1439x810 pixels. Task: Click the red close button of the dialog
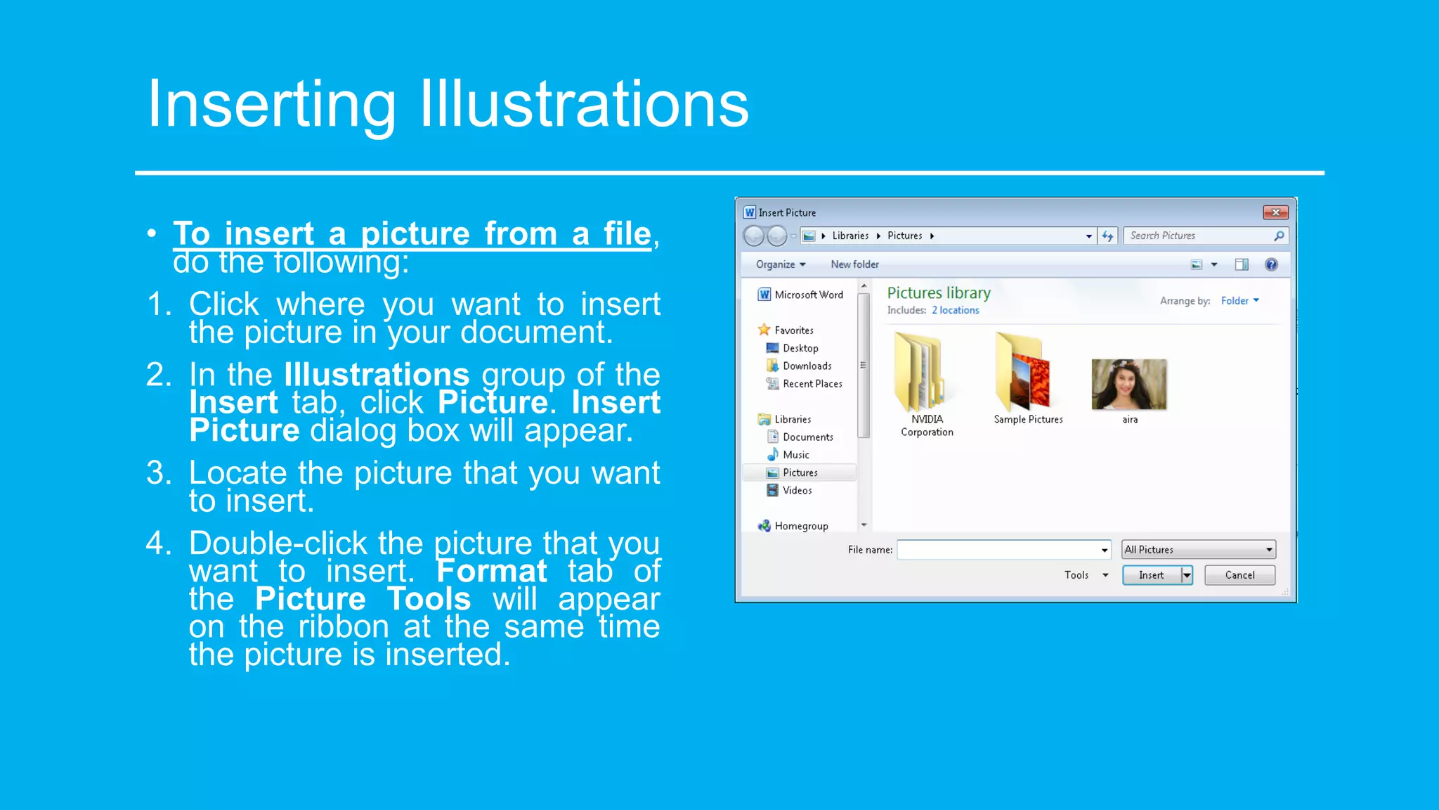pyautogui.click(x=1275, y=212)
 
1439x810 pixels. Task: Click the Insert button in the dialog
pyautogui.click(x=1152, y=575)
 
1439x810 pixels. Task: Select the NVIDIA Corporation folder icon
pyautogui.click(x=919, y=373)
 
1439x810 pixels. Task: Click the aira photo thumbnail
pyautogui.click(x=1129, y=384)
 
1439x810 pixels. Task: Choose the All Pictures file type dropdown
pyautogui.click(x=1199, y=550)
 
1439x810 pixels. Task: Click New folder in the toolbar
pyautogui.click(x=854, y=264)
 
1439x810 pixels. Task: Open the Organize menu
pyautogui.click(x=780, y=264)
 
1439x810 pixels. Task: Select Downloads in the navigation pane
pyautogui.click(x=807, y=366)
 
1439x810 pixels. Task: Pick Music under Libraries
pyautogui.click(x=796, y=455)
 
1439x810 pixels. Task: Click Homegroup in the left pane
pyautogui.click(x=801, y=526)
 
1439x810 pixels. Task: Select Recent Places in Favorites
pyautogui.click(x=812, y=384)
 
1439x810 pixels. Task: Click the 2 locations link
pyautogui.click(x=955, y=310)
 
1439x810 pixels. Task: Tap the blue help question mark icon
pyautogui.click(x=1271, y=264)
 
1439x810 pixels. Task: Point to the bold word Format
pyautogui.click(x=491, y=571)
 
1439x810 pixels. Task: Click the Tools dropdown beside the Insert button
pyautogui.click(x=1086, y=575)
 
